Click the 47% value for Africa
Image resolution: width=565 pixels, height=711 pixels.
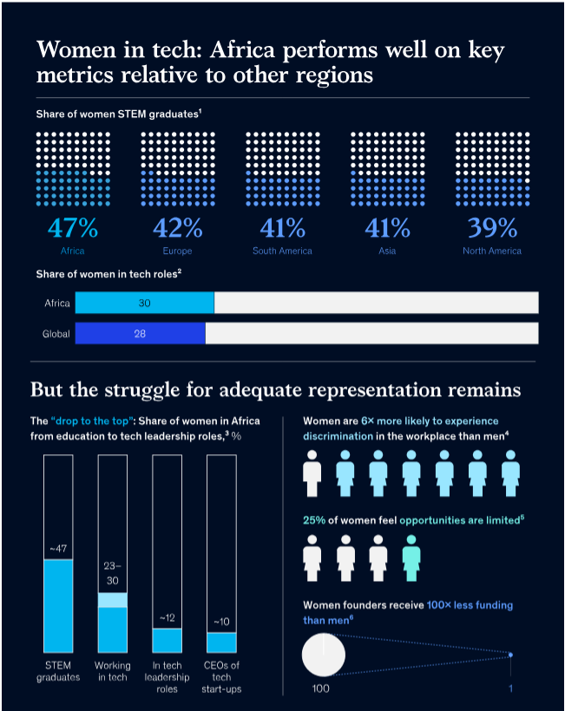click(x=73, y=228)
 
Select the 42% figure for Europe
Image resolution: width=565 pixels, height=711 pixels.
click(x=177, y=228)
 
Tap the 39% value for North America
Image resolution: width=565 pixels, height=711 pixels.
click(x=492, y=228)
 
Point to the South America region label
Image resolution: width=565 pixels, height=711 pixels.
click(x=282, y=251)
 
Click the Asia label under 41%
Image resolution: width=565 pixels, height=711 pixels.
click(x=387, y=251)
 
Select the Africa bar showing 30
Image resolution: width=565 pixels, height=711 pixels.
click(x=144, y=303)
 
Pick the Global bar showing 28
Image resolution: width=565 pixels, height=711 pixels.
click(x=140, y=333)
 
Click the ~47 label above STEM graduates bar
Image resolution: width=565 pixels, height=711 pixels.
click(x=58, y=549)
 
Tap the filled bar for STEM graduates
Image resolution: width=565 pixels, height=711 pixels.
click(x=58, y=606)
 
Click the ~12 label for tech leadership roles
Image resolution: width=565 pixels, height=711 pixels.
click(x=168, y=618)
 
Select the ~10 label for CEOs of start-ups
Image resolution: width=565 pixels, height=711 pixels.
click(x=221, y=622)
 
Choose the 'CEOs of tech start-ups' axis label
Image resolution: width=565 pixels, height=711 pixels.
click(x=221, y=677)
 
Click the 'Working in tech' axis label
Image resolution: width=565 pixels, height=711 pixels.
click(x=113, y=671)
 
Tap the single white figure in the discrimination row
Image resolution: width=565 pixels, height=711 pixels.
click(x=312, y=473)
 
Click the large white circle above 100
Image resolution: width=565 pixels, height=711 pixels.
click(x=324, y=653)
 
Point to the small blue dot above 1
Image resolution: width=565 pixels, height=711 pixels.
click(x=510, y=655)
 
